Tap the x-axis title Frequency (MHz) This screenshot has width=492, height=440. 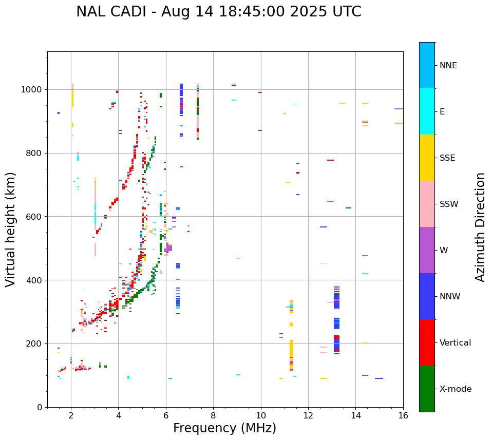tap(224, 428)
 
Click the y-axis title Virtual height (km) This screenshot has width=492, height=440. tap(11, 229)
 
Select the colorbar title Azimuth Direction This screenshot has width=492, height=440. tap(480, 227)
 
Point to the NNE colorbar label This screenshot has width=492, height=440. tap(448, 66)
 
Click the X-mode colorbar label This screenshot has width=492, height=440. tap(455, 389)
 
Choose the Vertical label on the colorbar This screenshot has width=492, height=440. tap(455, 343)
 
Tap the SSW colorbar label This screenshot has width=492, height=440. tap(449, 204)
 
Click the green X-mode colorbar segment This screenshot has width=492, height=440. tap(427, 389)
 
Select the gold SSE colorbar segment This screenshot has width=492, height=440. tap(427, 158)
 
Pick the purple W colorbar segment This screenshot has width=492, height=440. tap(427, 250)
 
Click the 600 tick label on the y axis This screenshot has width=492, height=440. tap(36, 217)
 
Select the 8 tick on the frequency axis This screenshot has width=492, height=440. tap(213, 415)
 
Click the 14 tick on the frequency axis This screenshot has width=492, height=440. tap(356, 415)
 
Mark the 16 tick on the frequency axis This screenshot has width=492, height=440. tap(403, 415)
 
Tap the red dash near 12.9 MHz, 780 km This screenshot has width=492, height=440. tap(330, 160)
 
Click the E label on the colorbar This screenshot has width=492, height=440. tap(442, 112)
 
